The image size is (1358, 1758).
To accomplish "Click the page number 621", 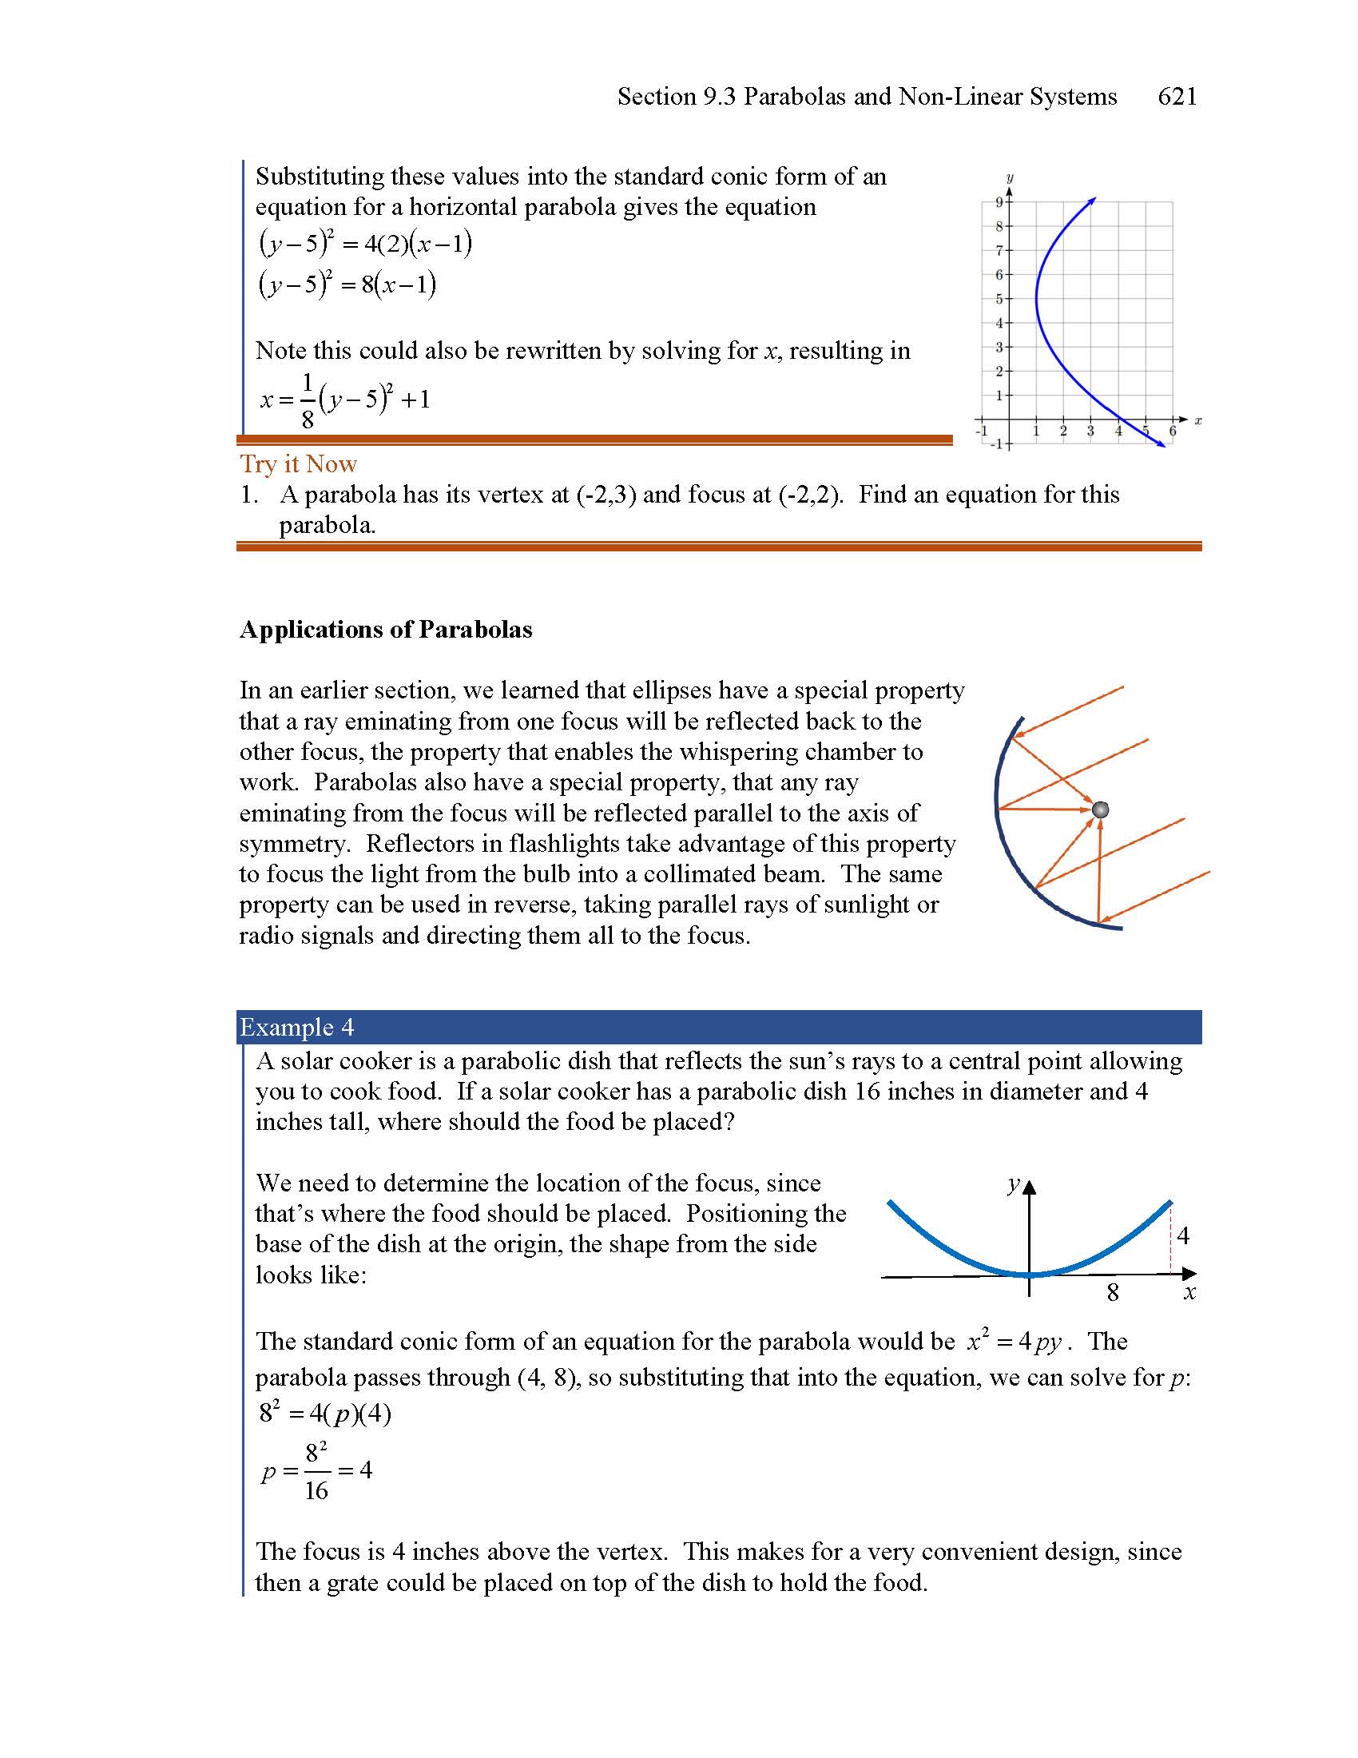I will click(1176, 97).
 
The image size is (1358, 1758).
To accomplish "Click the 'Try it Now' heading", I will click(298, 463).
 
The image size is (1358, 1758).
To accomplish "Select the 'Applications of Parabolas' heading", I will click(385, 630).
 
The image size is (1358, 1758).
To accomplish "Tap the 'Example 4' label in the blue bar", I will click(296, 1027).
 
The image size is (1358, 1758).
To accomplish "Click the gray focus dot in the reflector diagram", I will click(1100, 809).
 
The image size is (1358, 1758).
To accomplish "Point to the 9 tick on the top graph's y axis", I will click(999, 202).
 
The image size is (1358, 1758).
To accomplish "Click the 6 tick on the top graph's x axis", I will click(1172, 432).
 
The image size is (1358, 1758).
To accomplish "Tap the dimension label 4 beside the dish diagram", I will click(1182, 1235).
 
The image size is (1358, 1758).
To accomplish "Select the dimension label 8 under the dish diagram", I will click(1113, 1293).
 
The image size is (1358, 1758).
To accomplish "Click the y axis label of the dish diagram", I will click(1013, 1184).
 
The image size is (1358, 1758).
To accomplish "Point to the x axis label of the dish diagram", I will click(1189, 1293).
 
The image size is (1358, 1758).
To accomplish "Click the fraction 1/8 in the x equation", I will click(307, 400).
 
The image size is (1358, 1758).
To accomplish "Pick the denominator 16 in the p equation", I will click(316, 1491).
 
